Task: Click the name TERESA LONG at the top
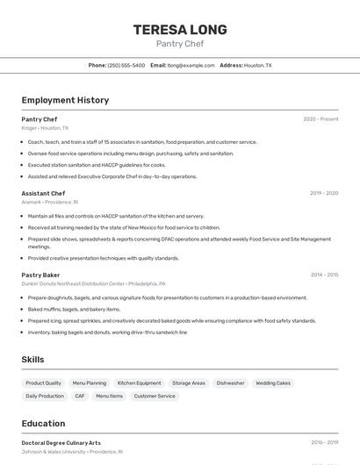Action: click(x=180, y=30)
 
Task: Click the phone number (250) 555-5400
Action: click(x=126, y=65)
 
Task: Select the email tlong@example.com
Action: click(x=191, y=65)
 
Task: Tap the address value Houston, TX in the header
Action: click(x=257, y=65)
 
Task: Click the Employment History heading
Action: click(x=65, y=100)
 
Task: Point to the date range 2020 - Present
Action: click(x=320, y=119)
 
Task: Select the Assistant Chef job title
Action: click(x=43, y=193)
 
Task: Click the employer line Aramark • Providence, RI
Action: click(x=50, y=202)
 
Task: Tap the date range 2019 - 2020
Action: click(x=324, y=193)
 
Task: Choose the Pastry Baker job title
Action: click(x=40, y=275)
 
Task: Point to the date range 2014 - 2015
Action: click(x=324, y=275)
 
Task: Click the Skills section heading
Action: click(x=32, y=359)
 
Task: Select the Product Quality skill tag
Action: click(x=43, y=383)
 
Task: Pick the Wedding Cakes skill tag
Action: click(x=272, y=383)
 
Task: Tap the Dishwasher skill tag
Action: click(x=230, y=383)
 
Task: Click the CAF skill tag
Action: click(x=80, y=396)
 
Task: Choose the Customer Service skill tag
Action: click(x=155, y=396)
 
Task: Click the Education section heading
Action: click(x=43, y=423)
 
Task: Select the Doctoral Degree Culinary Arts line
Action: click(x=61, y=443)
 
